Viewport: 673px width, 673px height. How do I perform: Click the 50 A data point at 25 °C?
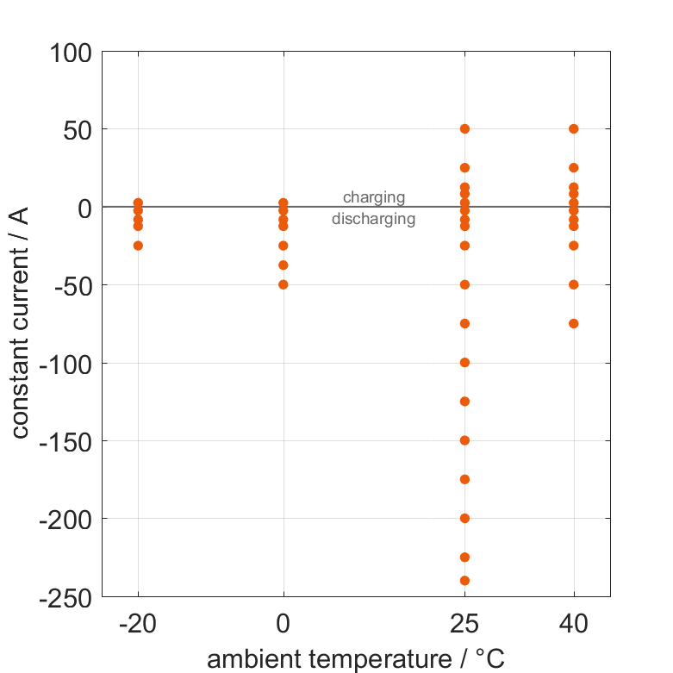click(464, 129)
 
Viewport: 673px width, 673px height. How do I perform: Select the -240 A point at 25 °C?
click(464, 581)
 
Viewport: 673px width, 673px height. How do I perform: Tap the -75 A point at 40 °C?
click(574, 324)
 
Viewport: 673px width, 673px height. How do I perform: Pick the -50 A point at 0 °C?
click(284, 284)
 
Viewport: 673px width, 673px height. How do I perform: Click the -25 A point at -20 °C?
click(138, 246)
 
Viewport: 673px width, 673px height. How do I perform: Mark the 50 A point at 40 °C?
click(574, 129)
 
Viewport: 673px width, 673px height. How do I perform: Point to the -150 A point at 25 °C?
click(464, 440)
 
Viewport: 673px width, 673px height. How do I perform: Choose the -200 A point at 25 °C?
click(464, 518)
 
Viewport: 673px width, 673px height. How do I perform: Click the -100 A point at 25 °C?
click(464, 363)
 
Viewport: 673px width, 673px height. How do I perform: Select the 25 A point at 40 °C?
click(574, 168)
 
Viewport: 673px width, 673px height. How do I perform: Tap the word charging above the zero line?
click(374, 197)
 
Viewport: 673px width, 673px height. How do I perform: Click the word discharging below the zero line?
click(374, 219)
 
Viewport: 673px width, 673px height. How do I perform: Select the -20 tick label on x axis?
click(138, 624)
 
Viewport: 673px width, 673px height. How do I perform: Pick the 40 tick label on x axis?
click(574, 624)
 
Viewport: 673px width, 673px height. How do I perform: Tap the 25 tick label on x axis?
click(464, 624)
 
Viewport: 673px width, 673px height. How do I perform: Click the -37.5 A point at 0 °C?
click(284, 265)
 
